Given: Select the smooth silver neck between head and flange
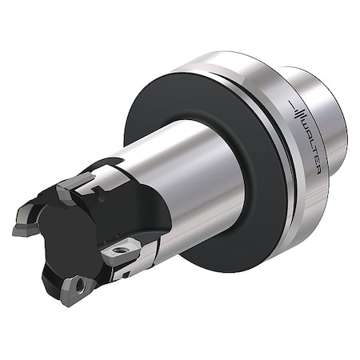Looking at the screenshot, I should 192,176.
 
